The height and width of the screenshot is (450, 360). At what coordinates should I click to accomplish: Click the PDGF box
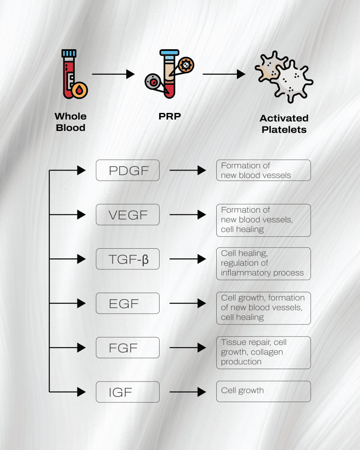[127, 170]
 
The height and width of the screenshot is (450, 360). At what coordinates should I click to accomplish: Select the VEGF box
[127, 214]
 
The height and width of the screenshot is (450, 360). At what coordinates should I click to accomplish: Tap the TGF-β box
[127, 259]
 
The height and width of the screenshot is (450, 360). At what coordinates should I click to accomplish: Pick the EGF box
[127, 303]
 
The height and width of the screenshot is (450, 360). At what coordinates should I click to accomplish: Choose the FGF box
[127, 348]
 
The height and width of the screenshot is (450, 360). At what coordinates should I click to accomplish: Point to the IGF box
[127, 392]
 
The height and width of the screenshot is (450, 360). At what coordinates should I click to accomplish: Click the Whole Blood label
[71, 122]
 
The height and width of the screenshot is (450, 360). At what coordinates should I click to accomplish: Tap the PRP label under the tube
[170, 116]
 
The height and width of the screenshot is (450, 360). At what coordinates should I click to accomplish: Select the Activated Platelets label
[284, 123]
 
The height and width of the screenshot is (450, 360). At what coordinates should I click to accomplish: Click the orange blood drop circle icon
[80, 91]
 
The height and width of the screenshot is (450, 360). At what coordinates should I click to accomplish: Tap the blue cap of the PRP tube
[169, 53]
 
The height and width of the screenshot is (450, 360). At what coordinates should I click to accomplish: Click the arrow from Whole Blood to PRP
[113, 74]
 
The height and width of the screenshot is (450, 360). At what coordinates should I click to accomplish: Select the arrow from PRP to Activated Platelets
[224, 74]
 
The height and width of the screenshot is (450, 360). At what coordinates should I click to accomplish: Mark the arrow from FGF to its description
[188, 348]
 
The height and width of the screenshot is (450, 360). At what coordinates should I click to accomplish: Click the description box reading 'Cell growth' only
[263, 391]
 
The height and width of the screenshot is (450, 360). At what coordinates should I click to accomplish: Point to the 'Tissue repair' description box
[263, 352]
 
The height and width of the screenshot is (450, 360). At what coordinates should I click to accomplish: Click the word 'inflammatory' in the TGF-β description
[246, 272]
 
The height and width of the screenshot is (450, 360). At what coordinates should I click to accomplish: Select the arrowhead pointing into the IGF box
[81, 392]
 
